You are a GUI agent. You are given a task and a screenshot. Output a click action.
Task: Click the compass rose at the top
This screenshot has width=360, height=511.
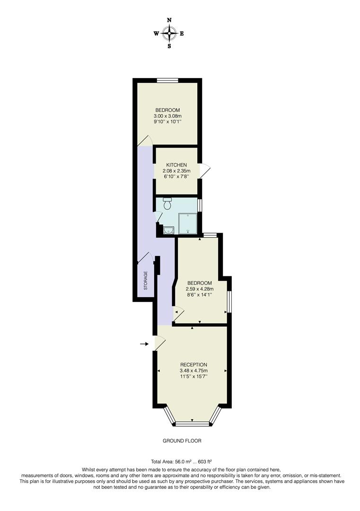pos(169,33)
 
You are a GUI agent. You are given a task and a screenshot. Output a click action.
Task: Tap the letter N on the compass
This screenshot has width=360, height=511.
pos(169,20)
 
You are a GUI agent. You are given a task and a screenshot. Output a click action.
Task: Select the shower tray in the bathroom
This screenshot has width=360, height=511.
pos(188,223)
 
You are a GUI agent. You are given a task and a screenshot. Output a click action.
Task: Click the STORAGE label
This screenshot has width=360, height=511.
pos(146,281)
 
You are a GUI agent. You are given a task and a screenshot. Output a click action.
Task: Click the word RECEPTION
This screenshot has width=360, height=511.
pos(194,364)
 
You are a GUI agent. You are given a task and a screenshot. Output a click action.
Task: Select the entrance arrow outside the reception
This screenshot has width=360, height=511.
pos(144,344)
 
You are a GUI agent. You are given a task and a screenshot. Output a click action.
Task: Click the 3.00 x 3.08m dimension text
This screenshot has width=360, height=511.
pos(167,116)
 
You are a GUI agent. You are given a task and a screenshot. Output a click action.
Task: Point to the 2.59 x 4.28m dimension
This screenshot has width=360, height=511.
pos(199,289)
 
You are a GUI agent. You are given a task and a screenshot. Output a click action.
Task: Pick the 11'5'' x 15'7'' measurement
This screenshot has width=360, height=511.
pos(194,377)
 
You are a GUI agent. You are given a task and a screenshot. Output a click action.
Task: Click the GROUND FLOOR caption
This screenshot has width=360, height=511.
pos(182,441)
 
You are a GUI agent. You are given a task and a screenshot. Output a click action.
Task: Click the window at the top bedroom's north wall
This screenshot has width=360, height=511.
pos(167,80)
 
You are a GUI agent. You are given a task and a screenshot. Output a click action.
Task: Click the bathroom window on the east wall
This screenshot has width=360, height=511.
pos(200,205)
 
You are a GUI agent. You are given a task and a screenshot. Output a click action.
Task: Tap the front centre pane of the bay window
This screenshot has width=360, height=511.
pos(193,422)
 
